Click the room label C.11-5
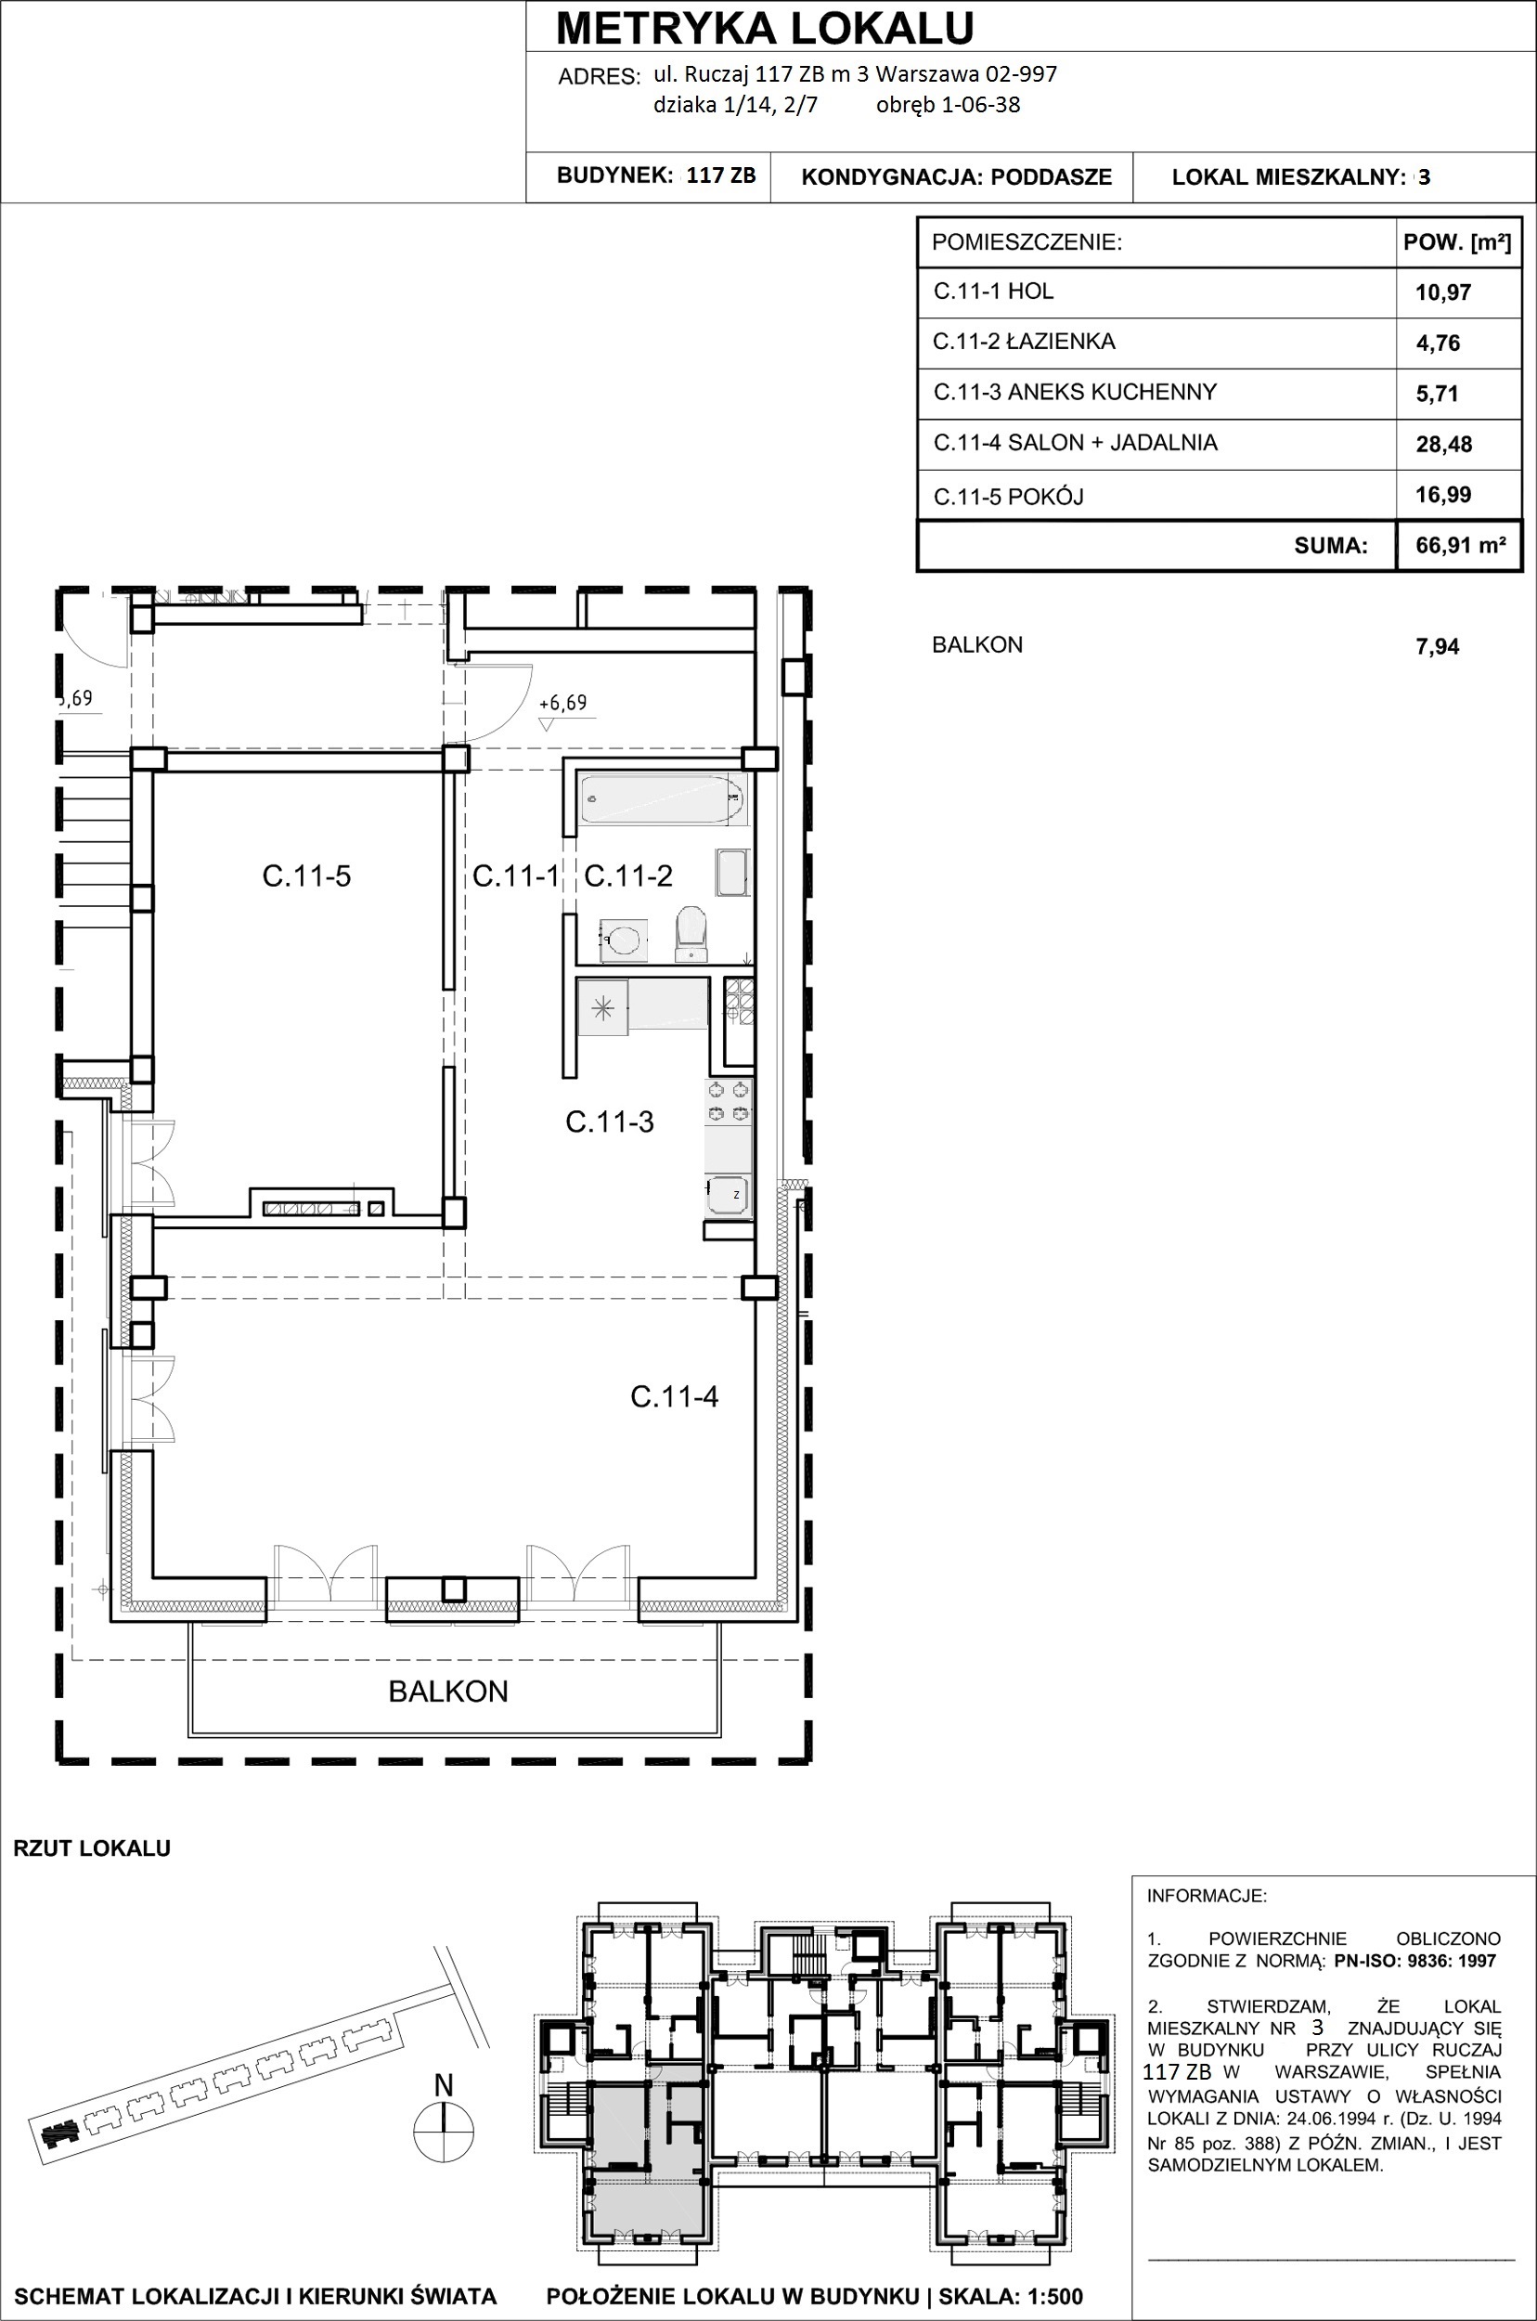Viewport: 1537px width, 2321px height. pyautogui.click(x=306, y=875)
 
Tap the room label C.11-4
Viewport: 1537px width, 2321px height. pyautogui.click(x=675, y=1396)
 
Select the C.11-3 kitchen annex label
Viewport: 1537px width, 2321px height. pyautogui.click(x=610, y=1122)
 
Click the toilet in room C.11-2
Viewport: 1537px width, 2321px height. pyautogui.click(x=692, y=931)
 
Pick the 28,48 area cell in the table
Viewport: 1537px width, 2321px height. pyautogui.click(x=1444, y=444)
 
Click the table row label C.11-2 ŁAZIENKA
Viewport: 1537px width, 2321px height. pyautogui.click(x=1024, y=342)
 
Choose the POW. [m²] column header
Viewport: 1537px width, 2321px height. pyautogui.click(x=1457, y=242)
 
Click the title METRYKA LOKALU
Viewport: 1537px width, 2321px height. pyautogui.click(x=765, y=29)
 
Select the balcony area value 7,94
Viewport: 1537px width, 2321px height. pyautogui.click(x=1437, y=646)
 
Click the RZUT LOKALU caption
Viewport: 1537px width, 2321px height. pyautogui.click(x=92, y=1848)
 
